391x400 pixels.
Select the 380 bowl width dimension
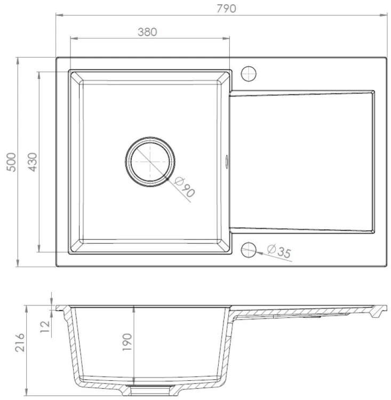click(147, 31)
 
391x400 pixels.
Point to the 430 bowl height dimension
click(32, 162)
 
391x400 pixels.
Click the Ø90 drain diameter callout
click(185, 189)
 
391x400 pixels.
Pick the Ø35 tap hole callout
click(279, 252)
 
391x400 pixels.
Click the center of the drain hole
click(150, 162)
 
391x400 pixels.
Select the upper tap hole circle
click(249, 73)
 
